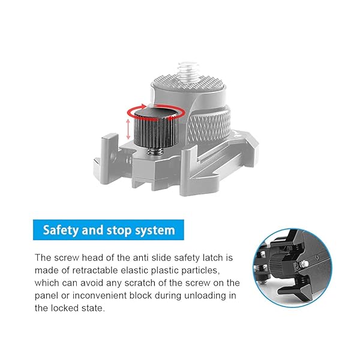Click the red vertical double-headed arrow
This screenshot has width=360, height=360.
pyautogui.click(x=127, y=128)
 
